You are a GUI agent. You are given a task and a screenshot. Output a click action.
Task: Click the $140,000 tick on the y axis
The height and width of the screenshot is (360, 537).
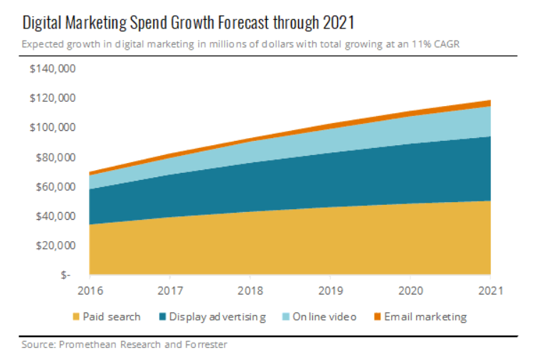(53, 69)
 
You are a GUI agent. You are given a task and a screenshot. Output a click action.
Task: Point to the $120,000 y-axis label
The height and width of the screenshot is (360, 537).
(53, 98)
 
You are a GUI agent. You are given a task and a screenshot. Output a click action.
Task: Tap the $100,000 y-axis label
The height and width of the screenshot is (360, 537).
(53, 128)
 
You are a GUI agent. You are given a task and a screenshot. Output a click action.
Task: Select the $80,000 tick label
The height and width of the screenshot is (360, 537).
(55, 157)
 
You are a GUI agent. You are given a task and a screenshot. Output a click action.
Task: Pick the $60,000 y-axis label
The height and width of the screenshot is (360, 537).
(55, 186)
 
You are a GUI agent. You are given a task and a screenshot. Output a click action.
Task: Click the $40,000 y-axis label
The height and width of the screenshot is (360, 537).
(55, 216)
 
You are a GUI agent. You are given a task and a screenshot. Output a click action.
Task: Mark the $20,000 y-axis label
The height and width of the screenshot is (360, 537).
(55, 245)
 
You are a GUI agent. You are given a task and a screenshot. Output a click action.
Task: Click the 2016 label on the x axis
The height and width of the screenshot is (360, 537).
(89, 290)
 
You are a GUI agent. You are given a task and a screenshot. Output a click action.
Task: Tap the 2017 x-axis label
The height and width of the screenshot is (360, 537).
(170, 290)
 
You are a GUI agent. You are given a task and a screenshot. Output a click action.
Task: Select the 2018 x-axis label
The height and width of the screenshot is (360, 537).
(250, 290)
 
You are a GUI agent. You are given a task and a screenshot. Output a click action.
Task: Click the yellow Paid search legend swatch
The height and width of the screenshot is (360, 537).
(75, 317)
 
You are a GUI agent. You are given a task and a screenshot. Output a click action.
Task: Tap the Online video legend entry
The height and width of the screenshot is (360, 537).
(323, 317)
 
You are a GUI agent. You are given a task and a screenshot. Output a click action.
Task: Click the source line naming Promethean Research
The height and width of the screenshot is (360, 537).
(124, 346)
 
